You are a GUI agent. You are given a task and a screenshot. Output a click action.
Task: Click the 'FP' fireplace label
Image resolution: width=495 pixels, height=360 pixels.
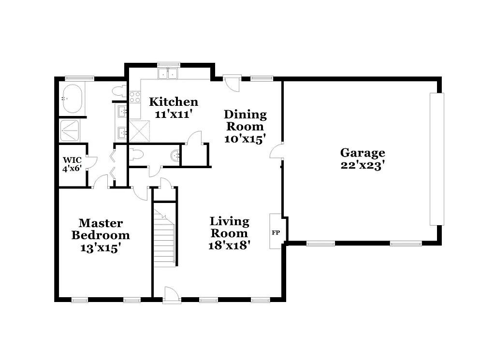[x=276, y=233]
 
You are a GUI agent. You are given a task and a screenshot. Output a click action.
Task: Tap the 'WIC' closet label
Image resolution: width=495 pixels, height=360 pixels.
[x=71, y=160]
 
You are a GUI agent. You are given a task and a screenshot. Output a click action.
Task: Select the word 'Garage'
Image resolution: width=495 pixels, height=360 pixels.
[x=363, y=153]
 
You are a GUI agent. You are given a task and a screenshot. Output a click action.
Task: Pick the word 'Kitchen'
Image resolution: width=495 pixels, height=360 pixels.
[x=173, y=102]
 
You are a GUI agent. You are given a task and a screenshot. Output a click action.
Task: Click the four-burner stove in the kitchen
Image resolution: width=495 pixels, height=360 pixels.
[x=134, y=97]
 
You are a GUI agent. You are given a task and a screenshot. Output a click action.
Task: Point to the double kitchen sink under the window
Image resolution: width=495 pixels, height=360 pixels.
[x=168, y=74]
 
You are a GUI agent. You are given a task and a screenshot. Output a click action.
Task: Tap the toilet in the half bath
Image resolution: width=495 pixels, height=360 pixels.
[x=136, y=155]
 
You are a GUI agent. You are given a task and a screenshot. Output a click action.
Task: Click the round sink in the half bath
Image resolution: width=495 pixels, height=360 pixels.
[x=175, y=155]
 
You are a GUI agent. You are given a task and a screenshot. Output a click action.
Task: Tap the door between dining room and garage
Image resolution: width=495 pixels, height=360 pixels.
[x=277, y=152]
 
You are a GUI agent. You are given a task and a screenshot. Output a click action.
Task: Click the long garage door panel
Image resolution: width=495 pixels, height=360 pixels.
[x=437, y=159]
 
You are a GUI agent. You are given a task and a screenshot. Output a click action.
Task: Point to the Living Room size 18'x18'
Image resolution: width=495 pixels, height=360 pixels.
[x=229, y=245]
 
